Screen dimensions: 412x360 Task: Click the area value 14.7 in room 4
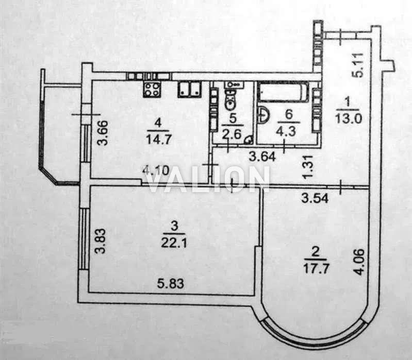pyautogui.click(x=159, y=139)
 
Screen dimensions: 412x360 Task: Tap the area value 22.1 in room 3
pyautogui.click(x=174, y=243)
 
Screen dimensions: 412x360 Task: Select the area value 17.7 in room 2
pyautogui.click(x=317, y=268)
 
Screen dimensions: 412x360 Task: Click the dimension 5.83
pyautogui.click(x=171, y=283)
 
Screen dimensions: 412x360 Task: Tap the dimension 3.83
pyautogui.click(x=101, y=241)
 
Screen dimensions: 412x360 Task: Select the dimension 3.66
pyautogui.click(x=102, y=132)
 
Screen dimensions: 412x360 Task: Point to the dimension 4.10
pyautogui.click(x=156, y=171)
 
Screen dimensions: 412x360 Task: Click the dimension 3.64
pyautogui.click(x=262, y=157)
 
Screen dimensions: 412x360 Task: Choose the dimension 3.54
pyautogui.click(x=315, y=198)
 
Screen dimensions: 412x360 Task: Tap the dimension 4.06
pyautogui.click(x=359, y=262)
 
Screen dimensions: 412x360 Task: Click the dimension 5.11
pyautogui.click(x=357, y=65)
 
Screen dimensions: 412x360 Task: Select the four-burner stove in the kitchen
pyautogui.click(x=152, y=89)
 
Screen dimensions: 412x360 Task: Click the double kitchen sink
pyautogui.click(x=190, y=90)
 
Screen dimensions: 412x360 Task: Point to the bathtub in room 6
pyautogui.click(x=283, y=92)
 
